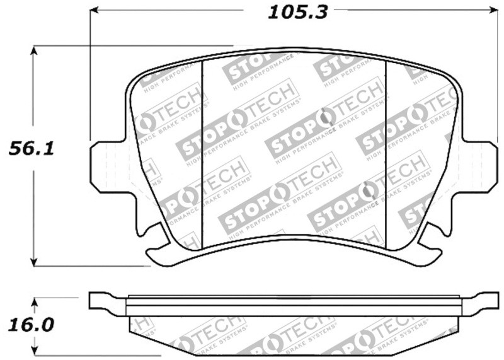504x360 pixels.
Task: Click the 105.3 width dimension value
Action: [x=298, y=12]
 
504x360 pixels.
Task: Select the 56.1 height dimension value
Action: [x=30, y=149]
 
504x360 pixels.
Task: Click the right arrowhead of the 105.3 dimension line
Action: [x=492, y=11]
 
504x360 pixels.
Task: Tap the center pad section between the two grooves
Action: [x=293, y=145]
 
